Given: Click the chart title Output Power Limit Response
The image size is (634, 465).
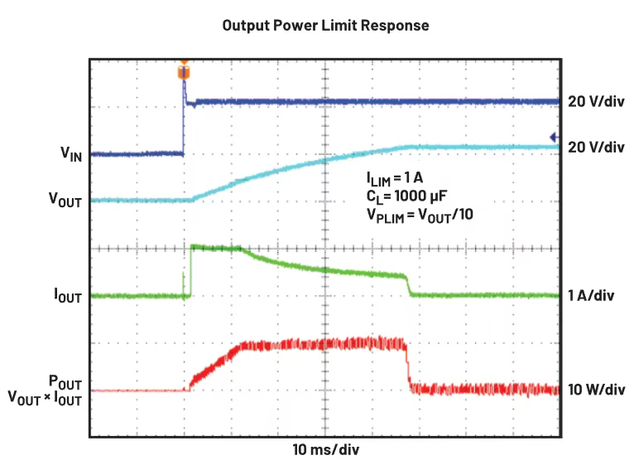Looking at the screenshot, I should coord(326,26).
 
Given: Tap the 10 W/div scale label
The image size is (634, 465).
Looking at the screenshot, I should coord(596,390).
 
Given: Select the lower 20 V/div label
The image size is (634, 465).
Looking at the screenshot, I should coord(596,148).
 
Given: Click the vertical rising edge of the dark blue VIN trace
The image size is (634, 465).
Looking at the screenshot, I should coord(184,124).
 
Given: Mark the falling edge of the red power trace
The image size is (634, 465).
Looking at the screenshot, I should coord(408,365).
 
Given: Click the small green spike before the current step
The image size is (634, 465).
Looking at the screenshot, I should coord(183,283).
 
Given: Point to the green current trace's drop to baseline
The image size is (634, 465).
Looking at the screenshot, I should coord(409,285).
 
